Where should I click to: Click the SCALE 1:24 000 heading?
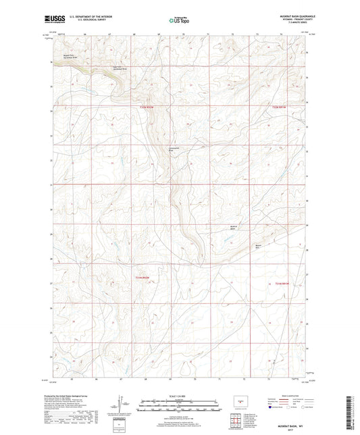pos(179,396)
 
